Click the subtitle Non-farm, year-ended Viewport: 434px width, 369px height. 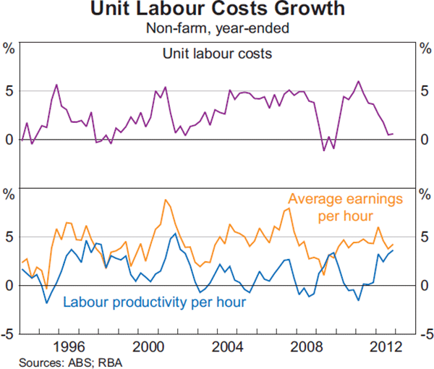(x=217, y=29)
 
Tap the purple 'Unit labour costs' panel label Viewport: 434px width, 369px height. (x=217, y=53)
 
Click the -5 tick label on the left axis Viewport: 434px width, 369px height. (x=9, y=334)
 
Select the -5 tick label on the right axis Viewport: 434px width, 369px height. (x=425, y=334)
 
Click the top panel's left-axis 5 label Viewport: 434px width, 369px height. (x=10, y=91)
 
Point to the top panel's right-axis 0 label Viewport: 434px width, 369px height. (x=424, y=140)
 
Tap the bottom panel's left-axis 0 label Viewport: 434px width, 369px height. (x=10, y=285)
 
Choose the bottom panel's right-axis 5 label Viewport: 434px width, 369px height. (x=424, y=237)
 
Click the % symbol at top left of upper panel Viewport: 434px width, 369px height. (x=10, y=49)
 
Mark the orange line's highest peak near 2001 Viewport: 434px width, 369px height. (x=166, y=200)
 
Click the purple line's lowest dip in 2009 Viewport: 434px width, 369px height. (x=324, y=150)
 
